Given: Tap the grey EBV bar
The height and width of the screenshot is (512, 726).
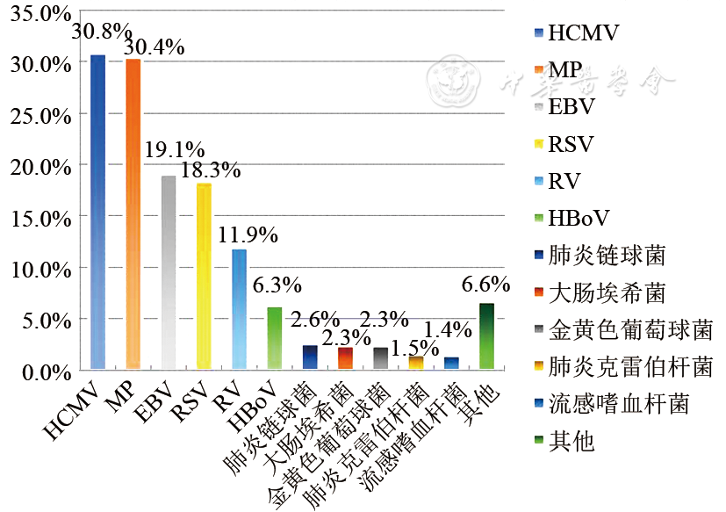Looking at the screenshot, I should (169, 272).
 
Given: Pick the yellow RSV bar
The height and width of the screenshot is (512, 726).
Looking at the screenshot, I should (204, 276).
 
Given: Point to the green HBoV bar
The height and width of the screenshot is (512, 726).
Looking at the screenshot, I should (274, 337).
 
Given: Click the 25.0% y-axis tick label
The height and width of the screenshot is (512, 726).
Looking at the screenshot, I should (38, 114).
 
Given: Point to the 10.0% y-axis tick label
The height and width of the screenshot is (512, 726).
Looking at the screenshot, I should (38, 268).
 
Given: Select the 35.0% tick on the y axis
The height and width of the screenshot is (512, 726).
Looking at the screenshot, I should (38, 12).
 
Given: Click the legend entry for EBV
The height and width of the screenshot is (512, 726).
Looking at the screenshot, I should (571, 108).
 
